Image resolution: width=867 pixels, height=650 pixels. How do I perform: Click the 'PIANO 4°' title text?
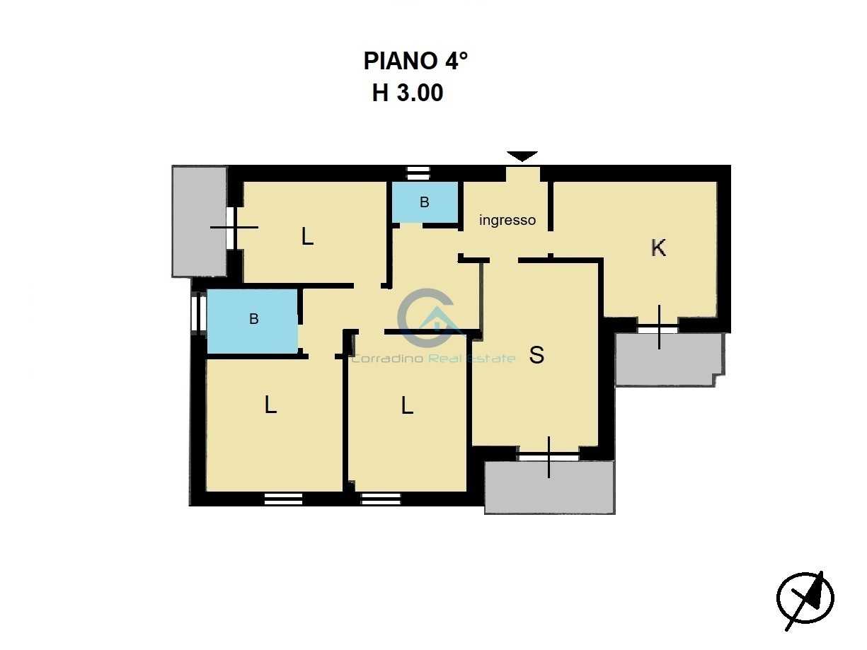(x=415, y=61)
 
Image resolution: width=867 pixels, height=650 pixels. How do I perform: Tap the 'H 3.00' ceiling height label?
(x=408, y=93)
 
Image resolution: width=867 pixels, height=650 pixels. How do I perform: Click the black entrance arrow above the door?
(x=522, y=156)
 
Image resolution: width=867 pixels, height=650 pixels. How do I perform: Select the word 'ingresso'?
(x=507, y=220)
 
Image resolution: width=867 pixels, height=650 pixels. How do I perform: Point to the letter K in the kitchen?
(x=658, y=248)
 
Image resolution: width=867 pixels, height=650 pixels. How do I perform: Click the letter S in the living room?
(x=536, y=354)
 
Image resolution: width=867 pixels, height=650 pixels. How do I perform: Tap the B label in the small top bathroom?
(x=424, y=202)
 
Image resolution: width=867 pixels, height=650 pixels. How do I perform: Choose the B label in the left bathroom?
(x=254, y=318)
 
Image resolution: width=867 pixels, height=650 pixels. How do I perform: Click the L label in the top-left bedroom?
(x=307, y=236)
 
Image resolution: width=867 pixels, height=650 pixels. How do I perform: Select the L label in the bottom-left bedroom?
(x=270, y=405)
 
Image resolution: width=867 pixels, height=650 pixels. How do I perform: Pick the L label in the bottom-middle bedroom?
(x=407, y=405)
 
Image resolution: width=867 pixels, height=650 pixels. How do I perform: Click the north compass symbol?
(x=805, y=598)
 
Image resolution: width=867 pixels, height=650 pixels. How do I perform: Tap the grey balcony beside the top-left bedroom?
(x=200, y=221)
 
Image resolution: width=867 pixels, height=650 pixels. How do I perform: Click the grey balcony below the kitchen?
(x=670, y=359)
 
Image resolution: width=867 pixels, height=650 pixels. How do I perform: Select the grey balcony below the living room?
(x=549, y=487)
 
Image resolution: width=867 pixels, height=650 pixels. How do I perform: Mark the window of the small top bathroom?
(x=418, y=173)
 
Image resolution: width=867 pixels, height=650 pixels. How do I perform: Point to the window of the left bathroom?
(x=198, y=313)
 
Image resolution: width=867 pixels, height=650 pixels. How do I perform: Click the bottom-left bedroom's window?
(x=283, y=499)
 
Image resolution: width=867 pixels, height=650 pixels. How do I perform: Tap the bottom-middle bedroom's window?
(x=381, y=499)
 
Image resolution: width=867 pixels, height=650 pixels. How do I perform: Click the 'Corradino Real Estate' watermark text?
(x=433, y=359)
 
